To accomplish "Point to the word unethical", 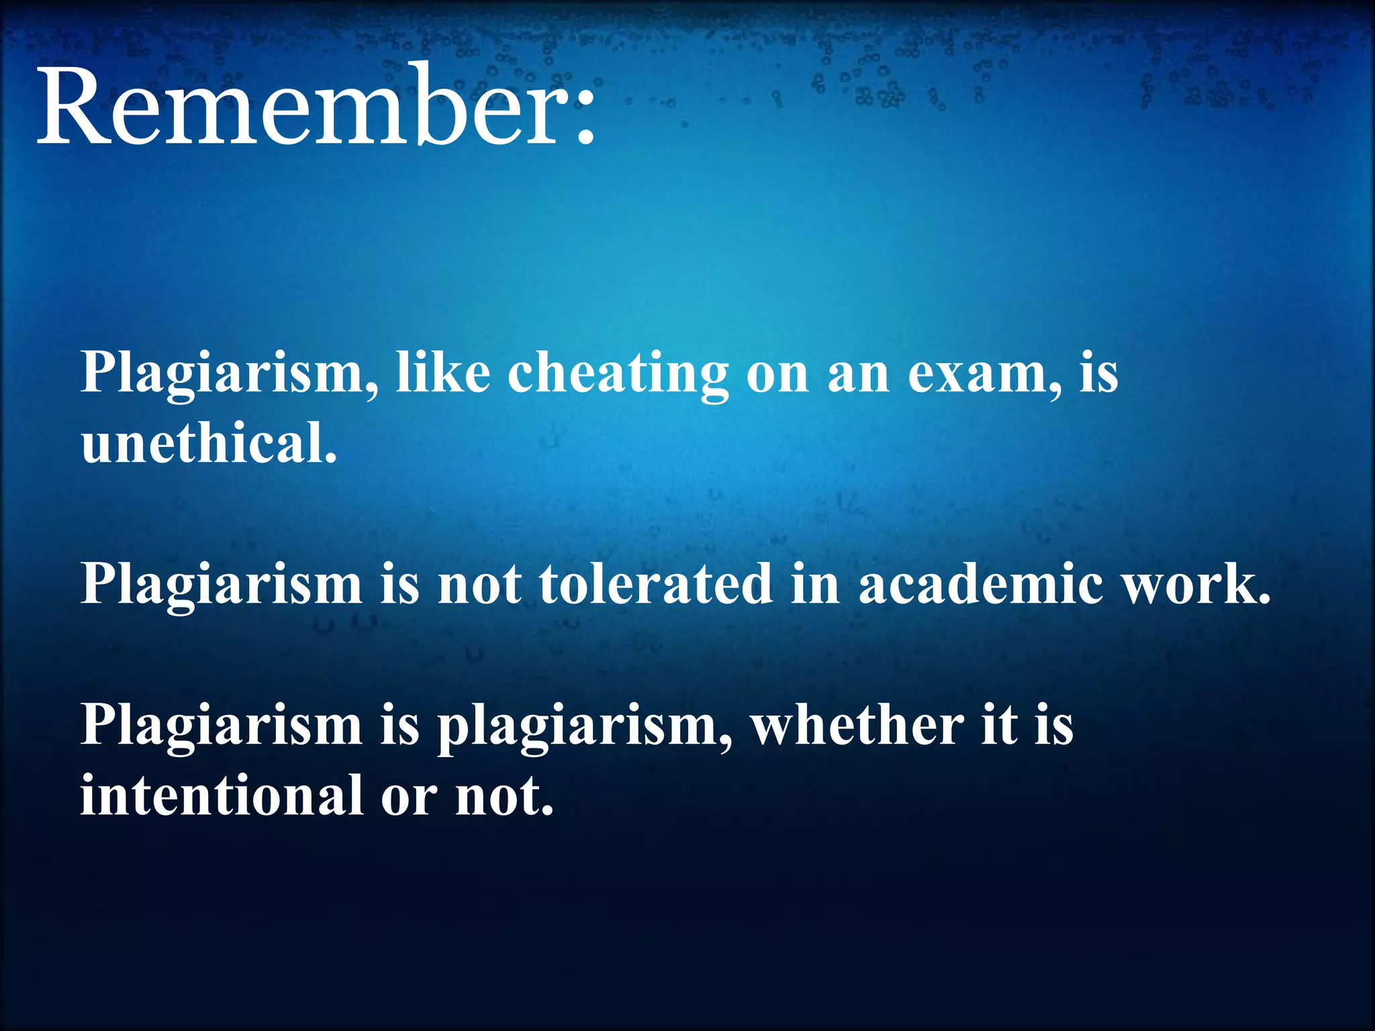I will pyautogui.click(x=209, y=444).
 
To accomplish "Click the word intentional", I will pyautogui.click(x=222, y=796).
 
